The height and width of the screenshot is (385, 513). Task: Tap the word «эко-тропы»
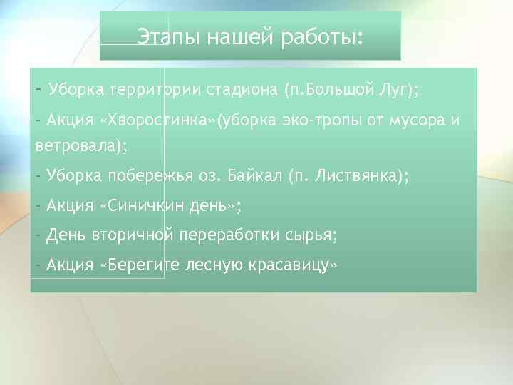[x=310, y=120]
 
